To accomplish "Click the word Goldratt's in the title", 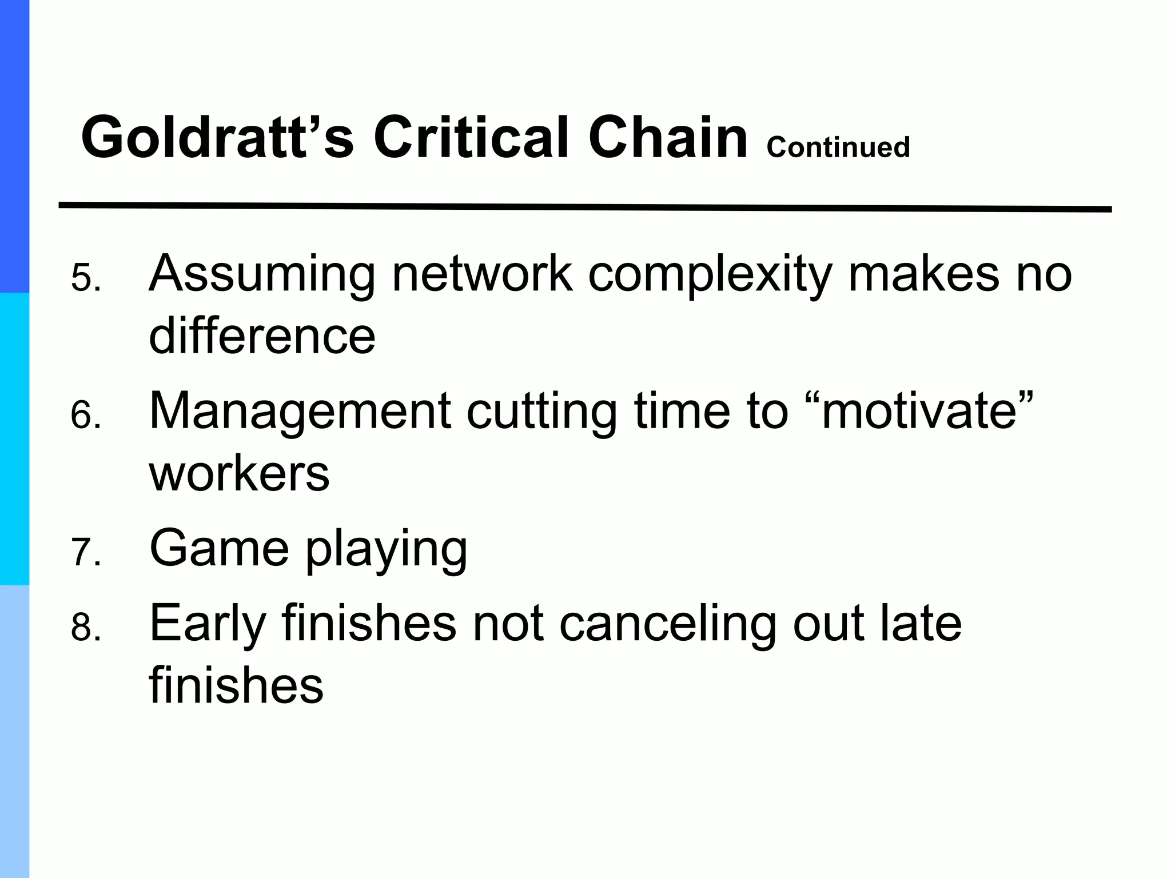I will pos(217,138).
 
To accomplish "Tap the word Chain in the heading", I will pos(667,138).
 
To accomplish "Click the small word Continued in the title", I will pos(838,147).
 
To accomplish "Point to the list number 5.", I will pos(85,278).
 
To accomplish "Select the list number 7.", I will pos(85,553).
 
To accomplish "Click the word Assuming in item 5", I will pos(262,274).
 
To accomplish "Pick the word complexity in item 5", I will pos(709,274).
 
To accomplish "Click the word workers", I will pos(239,474).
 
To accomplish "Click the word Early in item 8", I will pos(207,624).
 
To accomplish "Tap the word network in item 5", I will pos(481,274).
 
